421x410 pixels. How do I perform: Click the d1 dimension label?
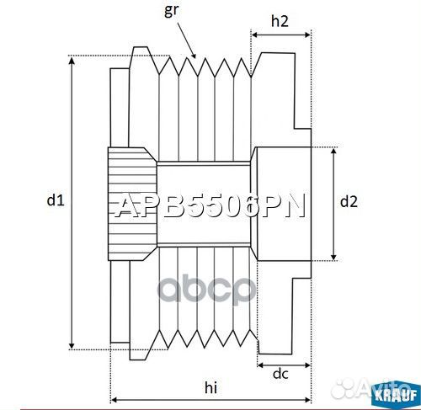(x=55, y=200)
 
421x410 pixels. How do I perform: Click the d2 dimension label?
(x=349, y=201)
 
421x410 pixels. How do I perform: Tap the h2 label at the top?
(x=280, y=23)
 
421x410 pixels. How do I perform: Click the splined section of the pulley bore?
(x=131, y=203)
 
